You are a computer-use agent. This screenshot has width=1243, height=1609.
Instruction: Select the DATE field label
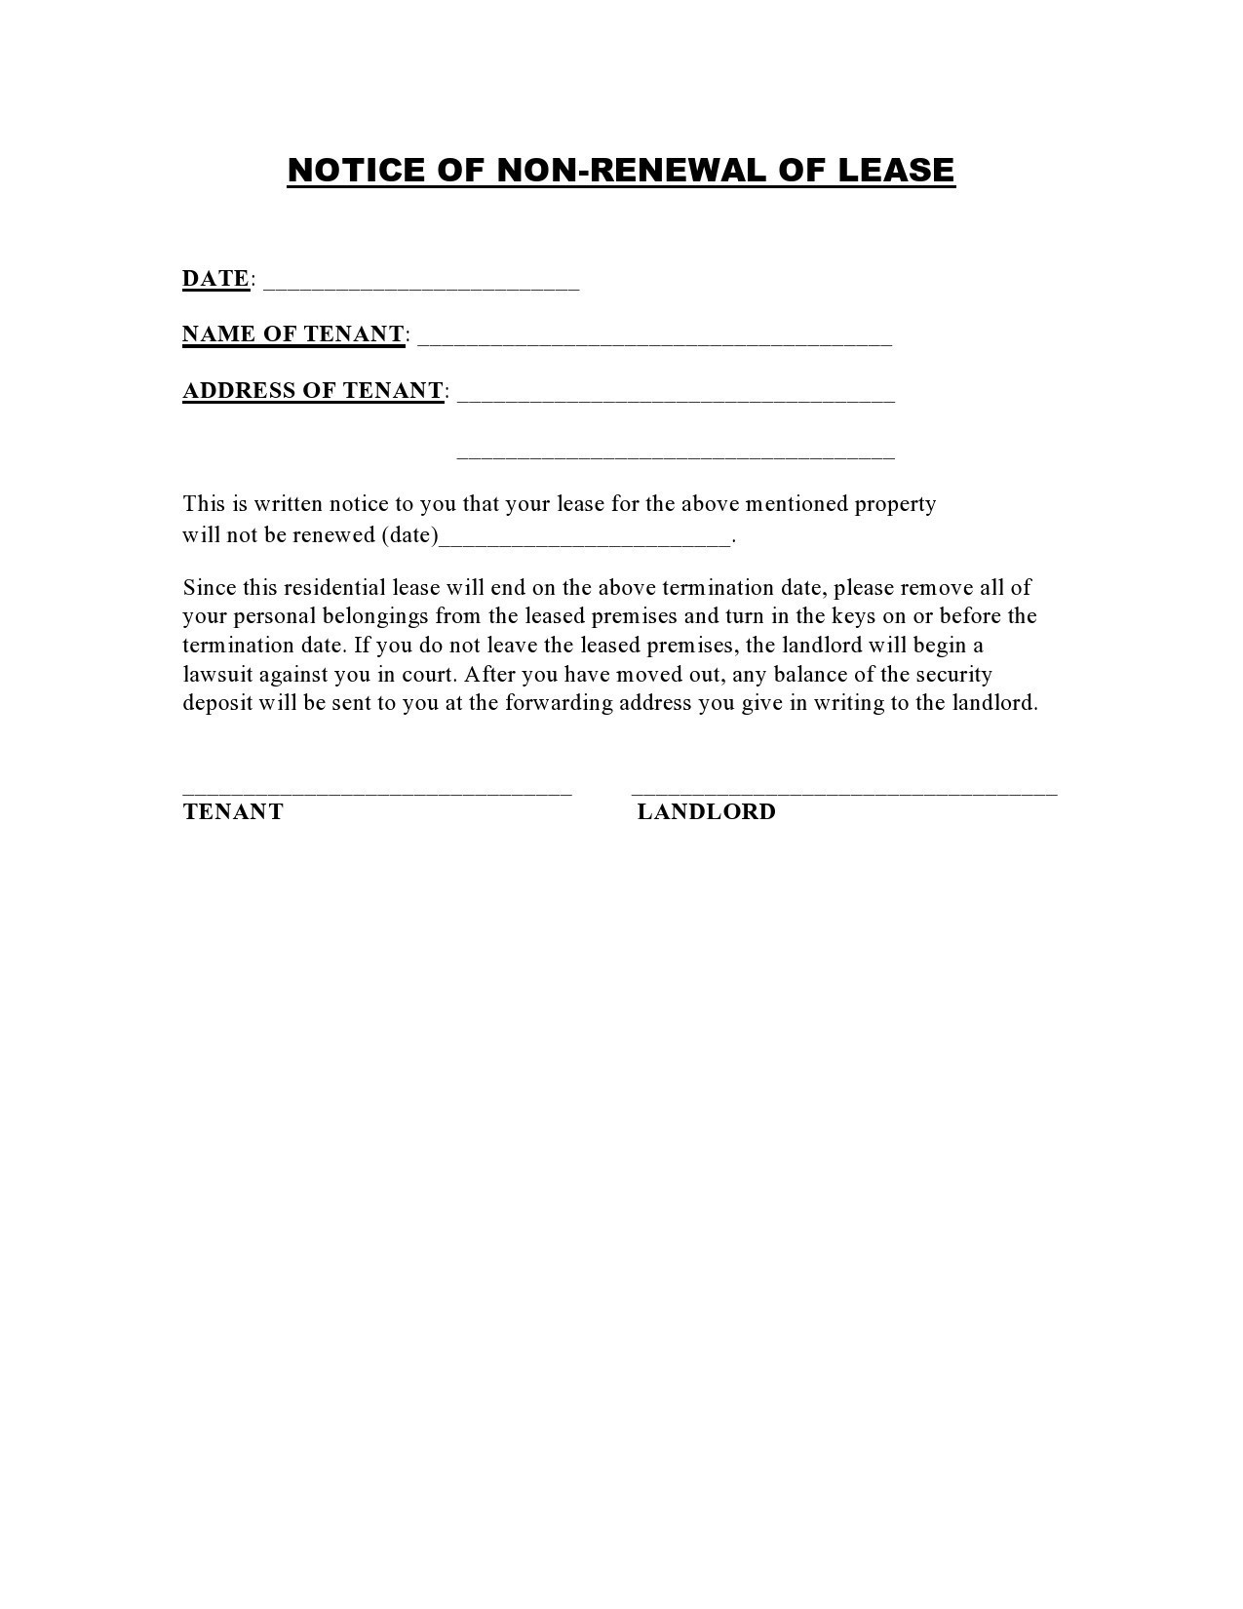coord(215,279)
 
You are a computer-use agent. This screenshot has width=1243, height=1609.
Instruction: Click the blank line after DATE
coord(421,286)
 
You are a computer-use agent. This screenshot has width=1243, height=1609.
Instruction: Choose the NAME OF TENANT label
coord(293,334)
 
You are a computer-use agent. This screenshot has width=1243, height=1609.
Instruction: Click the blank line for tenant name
coord(654,342)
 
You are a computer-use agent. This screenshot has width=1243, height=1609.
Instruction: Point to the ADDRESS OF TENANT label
coord(313,391)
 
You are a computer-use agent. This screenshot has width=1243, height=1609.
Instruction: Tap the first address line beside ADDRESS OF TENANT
coord(675,399)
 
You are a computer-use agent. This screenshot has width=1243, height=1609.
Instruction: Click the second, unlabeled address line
coord(675,455)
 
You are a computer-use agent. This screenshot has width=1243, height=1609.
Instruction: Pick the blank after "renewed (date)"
coord(585,542)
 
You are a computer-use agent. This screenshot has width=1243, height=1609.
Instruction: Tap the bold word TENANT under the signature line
coord(233,812)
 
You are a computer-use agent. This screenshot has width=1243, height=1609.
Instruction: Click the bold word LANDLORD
coord(706,812)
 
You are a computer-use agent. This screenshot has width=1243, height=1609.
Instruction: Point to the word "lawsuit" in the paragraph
coord(217,675)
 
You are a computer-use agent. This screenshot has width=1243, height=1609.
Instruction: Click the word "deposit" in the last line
coord(217,703)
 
